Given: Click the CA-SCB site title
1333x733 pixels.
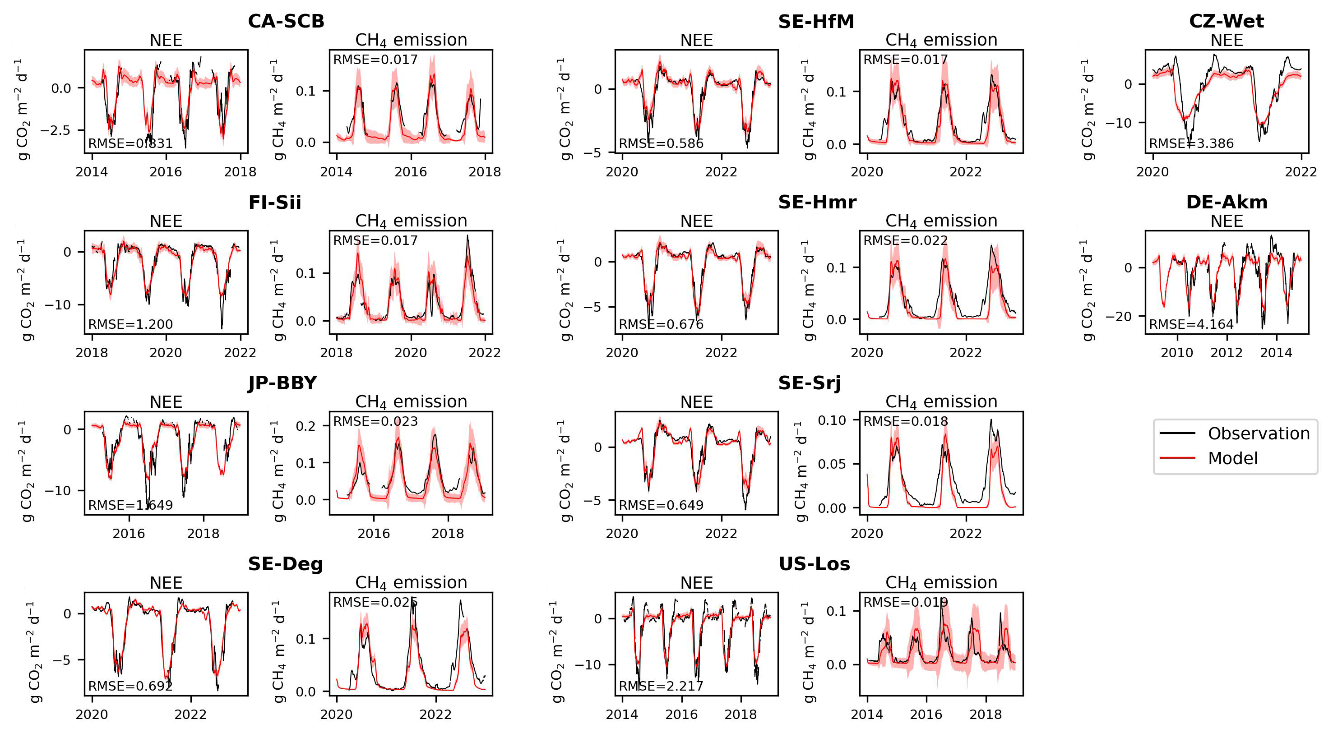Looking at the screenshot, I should [286, 21].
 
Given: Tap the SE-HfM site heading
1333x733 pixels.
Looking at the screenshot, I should [816, 21].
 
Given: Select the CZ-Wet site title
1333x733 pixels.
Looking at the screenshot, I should [1227, 21].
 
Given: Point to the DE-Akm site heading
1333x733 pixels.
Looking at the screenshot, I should [1227, 202].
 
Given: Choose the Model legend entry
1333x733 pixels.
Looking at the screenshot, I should [1233, 458].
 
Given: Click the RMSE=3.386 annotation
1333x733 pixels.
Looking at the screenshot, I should [1191, 143].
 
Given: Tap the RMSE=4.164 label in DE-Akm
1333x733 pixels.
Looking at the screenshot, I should [1191, 324].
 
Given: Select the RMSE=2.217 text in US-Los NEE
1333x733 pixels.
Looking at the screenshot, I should [661, 686].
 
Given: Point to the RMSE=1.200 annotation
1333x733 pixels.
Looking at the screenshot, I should [130, 324].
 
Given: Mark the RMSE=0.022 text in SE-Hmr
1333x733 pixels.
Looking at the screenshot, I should [906, 240].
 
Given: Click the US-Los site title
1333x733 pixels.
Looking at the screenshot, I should [815, 564].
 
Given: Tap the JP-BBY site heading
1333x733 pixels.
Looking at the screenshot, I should [282, 383].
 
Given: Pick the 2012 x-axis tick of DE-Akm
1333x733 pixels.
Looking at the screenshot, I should [1227, 353].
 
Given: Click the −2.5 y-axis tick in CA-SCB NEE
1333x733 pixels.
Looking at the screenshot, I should [56, 130].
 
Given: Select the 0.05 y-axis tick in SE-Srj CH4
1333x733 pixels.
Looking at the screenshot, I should [832, 464].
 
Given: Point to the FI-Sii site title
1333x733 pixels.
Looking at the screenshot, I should [275, 202].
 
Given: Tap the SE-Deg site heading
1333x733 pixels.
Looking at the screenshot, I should [286, 564].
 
